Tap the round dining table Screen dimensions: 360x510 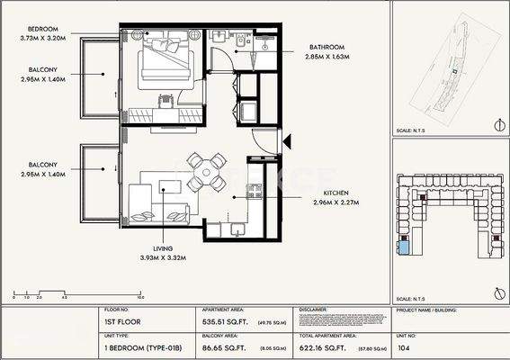click(208, 166)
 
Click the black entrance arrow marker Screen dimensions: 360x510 click(288, 139)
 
